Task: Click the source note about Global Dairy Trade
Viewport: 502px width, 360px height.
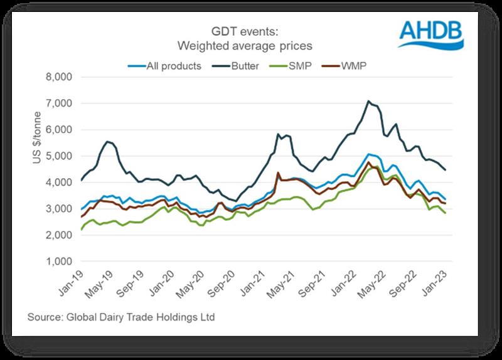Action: tap(121, 317)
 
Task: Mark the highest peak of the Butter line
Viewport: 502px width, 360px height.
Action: tap(369, 101)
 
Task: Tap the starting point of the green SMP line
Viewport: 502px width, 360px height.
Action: tap(82, 230)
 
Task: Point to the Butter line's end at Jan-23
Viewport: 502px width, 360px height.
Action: tap(446, 170)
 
